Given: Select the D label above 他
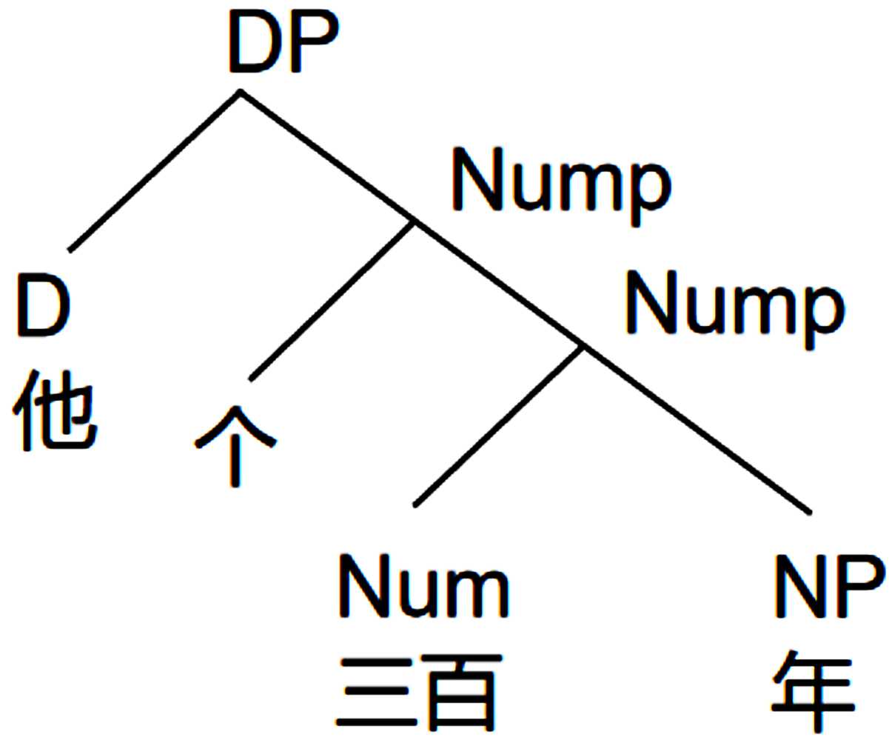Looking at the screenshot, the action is [43, 304].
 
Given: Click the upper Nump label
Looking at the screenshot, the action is [560, 185].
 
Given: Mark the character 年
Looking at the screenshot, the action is [813, 693].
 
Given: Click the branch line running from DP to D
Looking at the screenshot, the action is [154, 171].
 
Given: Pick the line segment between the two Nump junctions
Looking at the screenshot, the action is [498, 284].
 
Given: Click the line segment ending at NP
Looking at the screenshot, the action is [696, 428].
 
